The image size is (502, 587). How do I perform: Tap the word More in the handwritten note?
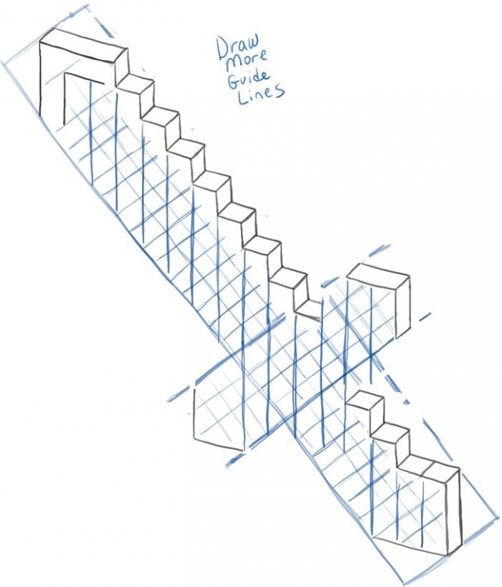pos(247,61)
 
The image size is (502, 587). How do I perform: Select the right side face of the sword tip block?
pos(121,67)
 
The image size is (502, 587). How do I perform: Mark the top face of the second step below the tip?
pos(161,114)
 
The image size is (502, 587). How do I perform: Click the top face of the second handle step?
pos(390,431)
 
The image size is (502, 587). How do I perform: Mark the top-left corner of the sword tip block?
pos(40,42)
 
